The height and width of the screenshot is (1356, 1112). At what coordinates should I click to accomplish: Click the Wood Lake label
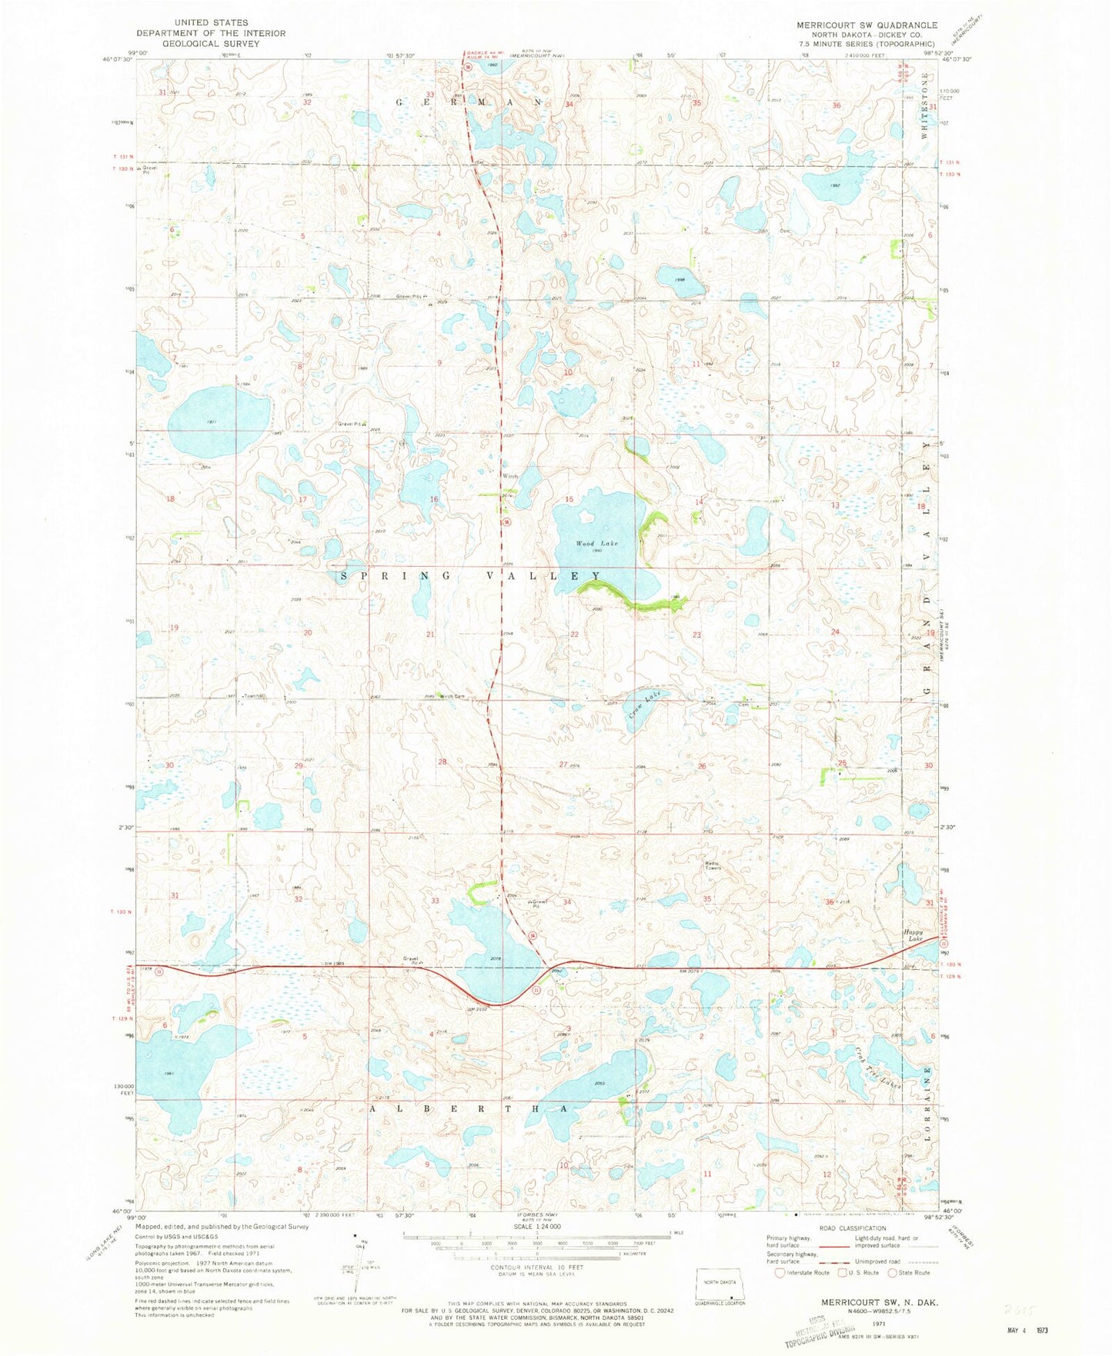tap(597, 543)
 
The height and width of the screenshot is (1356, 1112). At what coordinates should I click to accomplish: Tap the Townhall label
tap(254, 697)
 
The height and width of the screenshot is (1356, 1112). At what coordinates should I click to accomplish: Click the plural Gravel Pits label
tap(409, 297)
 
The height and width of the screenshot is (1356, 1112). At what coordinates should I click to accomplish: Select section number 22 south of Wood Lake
tap(574, 634)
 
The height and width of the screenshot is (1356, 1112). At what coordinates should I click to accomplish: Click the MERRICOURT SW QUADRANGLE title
tap(867, 25)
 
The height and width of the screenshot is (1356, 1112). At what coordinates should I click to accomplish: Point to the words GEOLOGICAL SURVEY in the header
tap(199, 43)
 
